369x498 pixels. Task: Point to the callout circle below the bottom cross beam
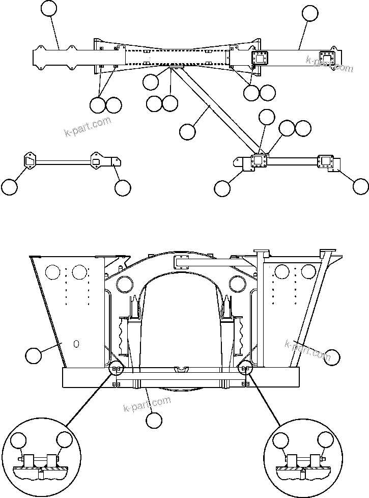(x=154, y=421)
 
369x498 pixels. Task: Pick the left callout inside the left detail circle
(x=19, y=440)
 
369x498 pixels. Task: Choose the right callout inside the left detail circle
(x=65, y=440)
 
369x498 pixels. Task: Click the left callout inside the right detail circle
(x=280, y=440)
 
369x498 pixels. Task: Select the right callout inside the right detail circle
(x=326, y=440)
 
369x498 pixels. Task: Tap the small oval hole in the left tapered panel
(x=76, y=344)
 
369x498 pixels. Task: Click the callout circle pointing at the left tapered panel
(x=34, y=355)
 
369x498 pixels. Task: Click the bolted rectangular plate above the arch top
(x=182, y=262)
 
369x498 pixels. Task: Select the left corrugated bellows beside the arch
(x=124, y=335)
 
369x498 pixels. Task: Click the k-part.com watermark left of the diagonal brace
(x=88, y=127)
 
